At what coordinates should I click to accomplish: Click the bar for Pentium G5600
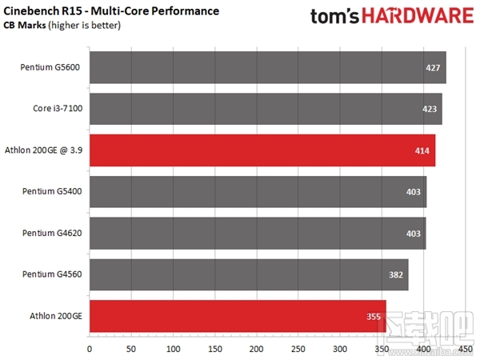pos(267,67)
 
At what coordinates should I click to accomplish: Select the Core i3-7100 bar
pos(266,109)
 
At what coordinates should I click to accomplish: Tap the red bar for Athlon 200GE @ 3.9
pos(262,150)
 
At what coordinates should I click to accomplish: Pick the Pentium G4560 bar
pos(249,274)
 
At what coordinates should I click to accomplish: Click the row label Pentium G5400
pos(51,192)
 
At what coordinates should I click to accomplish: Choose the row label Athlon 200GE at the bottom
pos(55,316)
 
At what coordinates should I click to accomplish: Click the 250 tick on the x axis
pos(298,349)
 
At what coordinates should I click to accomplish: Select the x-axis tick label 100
pos(173,349)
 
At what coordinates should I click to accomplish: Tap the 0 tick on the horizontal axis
pos(89,349)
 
